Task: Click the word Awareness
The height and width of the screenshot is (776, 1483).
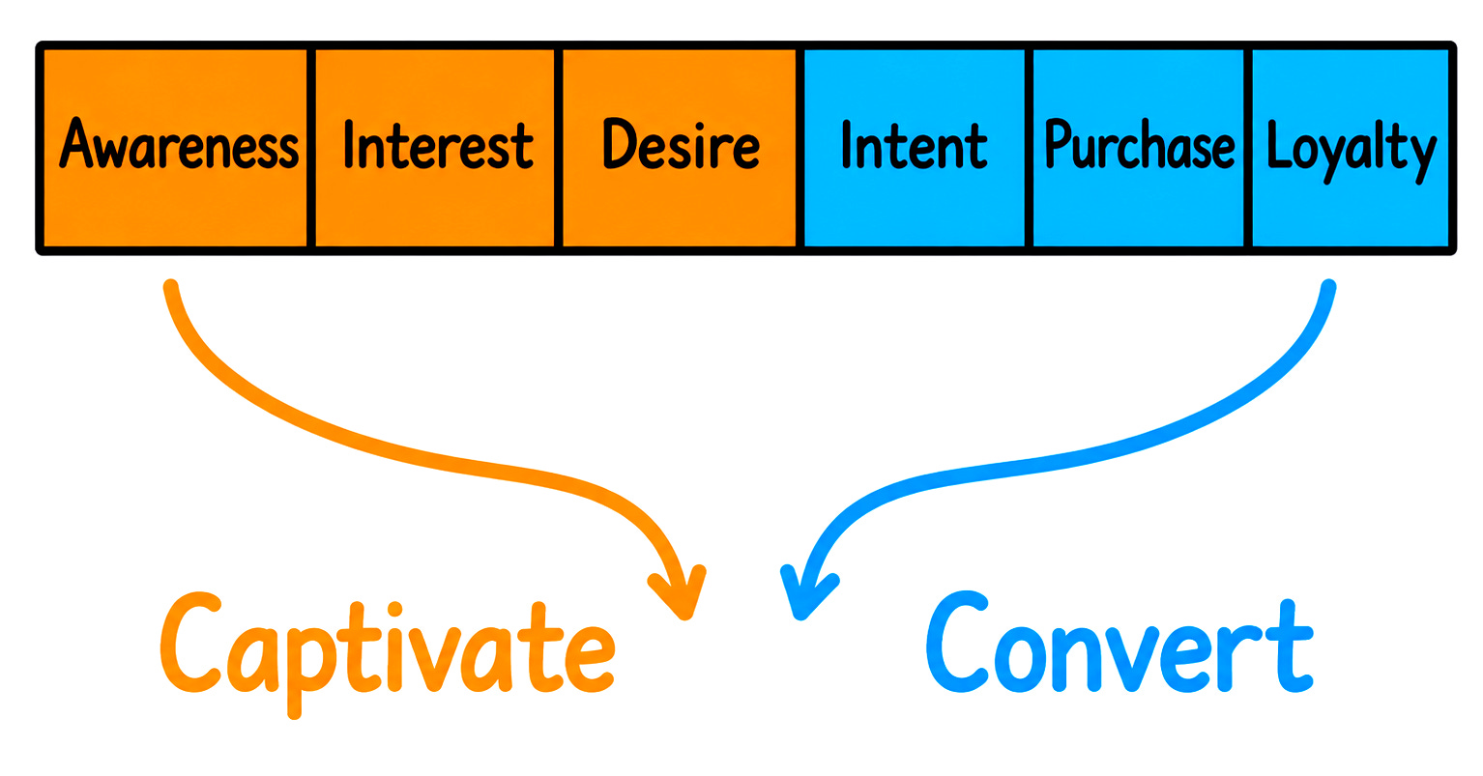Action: coord(179,144)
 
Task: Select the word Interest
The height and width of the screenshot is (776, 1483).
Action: coord(438,145)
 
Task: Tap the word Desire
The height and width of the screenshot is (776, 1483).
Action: coord(682,144)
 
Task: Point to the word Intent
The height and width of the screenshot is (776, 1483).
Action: coord(915,145)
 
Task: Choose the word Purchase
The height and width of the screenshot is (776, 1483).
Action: coord(1140,144)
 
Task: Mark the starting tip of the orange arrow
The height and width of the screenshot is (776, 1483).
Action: coord(171,287)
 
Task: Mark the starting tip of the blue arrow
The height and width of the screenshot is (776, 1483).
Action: coord(1328,287)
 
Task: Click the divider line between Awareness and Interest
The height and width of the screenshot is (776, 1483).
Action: coord(310,148)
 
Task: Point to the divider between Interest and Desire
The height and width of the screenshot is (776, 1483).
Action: coord(558,148)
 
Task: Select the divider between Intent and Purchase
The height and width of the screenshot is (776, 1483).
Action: coord(1029,148)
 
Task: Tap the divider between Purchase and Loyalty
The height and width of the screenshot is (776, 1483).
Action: coord(1248,148)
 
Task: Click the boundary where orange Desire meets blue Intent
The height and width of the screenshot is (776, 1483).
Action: coord(800,148)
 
